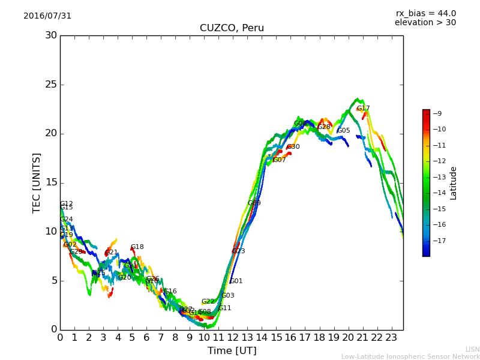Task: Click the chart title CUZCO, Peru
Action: coord(232,28)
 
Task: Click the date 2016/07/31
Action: coord(47,16)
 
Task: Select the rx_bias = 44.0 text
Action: coord(425,14)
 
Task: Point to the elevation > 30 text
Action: coord(425,23)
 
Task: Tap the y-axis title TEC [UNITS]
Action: coord(37,182)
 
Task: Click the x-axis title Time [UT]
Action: coord(232,351)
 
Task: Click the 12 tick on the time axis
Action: coord(233,338)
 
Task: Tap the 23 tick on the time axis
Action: coord(391,338)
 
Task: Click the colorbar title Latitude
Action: coord(454,183)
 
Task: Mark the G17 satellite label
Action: coord(364,109)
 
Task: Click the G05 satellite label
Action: coord(344,131)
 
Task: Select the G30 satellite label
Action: coord(293,147)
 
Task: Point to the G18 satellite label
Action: coord(137,247)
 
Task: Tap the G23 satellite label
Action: coord(239,251)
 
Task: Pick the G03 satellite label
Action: coord(228,296)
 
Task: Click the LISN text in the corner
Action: coord(472,349)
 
